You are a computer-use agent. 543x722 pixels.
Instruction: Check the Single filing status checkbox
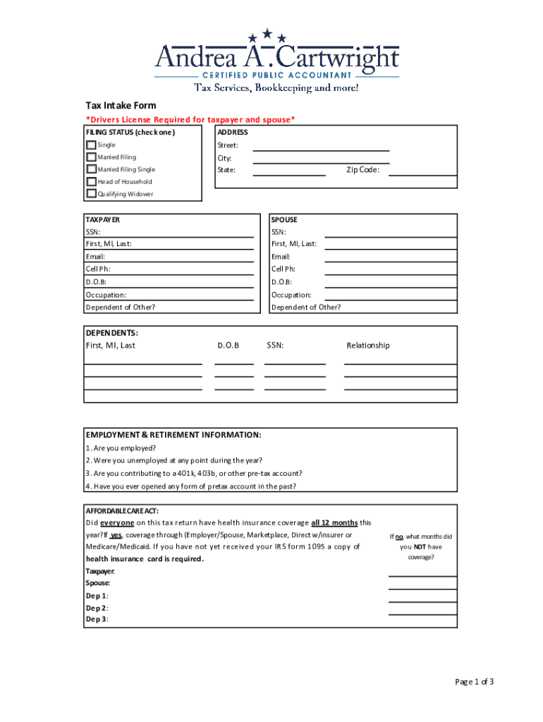click(91, 145)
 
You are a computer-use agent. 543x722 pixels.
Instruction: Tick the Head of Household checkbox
click(91, 181)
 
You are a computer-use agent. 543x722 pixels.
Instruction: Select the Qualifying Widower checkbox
click(91, 193)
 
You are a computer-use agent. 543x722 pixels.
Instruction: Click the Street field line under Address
click(321, 149)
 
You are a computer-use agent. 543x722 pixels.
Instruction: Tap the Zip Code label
click(362, 170)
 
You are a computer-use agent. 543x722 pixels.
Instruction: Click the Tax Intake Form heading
click(121, 106)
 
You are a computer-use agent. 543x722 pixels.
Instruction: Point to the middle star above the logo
click(267, 32)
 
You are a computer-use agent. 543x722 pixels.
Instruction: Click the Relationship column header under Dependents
click(367, 345)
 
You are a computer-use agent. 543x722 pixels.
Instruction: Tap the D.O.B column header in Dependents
click(228, 345)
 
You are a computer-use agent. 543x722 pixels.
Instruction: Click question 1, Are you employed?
click(121, 448)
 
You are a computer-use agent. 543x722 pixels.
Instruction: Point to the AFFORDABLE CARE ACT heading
click(122, 510)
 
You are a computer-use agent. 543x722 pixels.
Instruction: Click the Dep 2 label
click(97, 608)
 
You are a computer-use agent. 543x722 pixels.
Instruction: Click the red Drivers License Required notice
click(190, 120)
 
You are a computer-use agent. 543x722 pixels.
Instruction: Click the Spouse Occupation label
click(291, 295)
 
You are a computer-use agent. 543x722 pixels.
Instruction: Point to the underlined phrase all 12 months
click(334, 523)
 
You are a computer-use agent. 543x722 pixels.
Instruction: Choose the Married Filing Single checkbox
click(91, 169)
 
